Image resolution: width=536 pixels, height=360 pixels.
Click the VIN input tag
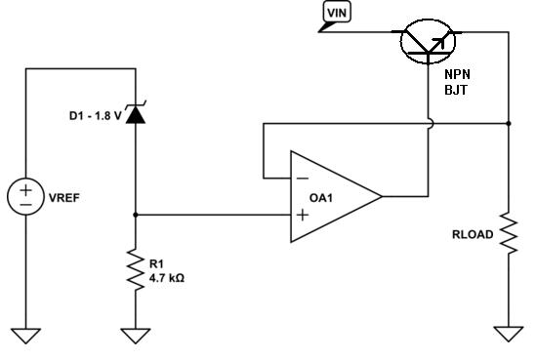tap(336, 12)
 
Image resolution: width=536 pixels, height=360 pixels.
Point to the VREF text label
tap(65, 197)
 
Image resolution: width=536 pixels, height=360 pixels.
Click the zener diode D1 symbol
tap(136, 115)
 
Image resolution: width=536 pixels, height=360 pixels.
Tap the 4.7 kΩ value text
tap(167, 277)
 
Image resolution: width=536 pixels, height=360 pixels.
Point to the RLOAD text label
tap(473, 234)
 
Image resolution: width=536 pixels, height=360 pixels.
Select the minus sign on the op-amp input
tap(302, 180)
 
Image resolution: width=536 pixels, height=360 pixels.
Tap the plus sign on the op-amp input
tap(302, 214)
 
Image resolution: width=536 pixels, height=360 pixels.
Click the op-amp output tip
tap(381, 196)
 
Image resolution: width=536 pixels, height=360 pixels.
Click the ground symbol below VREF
tap(26, 335)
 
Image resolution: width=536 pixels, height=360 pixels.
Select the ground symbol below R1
tap(136, 335)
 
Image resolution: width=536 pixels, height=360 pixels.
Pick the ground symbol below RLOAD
tap(509, 333)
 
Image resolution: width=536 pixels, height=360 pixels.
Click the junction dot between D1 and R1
tap(136, 214)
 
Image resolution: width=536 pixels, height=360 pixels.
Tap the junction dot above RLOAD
tap(509, 124)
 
